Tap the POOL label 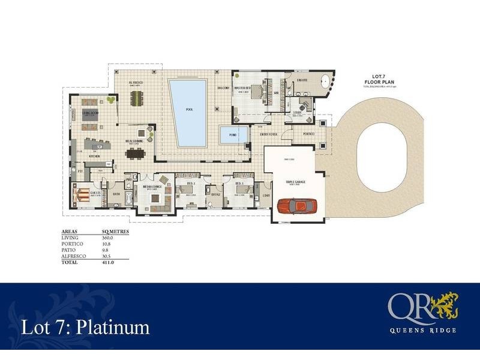[x=190, y=110]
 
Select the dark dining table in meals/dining [x=135, y=153]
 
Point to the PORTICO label [x=308, y=134]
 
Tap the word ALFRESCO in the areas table [x=74, y=256]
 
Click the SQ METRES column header [x=114, y=231]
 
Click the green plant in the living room [x=110, y=99]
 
